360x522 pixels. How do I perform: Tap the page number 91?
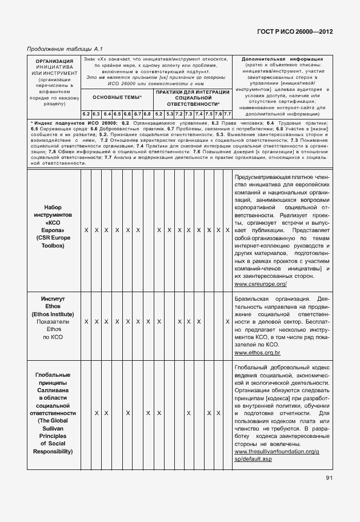(x=329, y=478)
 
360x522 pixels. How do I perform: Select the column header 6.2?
(x=86, y=114)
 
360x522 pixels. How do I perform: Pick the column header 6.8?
(x=147, y=114)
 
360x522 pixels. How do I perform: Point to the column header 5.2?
(x=159, y=114)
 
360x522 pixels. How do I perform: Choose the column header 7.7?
(x=227, y=114)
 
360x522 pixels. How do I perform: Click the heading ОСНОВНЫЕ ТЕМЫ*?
(x=117, y=98)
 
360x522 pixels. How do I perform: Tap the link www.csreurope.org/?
(x=261, y=284)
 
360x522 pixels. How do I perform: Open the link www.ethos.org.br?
(x=257, y=354)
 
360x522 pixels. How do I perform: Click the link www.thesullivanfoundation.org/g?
(x=277, y=451)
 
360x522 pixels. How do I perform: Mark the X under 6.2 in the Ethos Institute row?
(x=86, y=322)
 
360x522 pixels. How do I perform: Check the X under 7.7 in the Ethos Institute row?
(x=227, y=322)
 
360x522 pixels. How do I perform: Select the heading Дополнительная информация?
(x=282, y=59)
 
